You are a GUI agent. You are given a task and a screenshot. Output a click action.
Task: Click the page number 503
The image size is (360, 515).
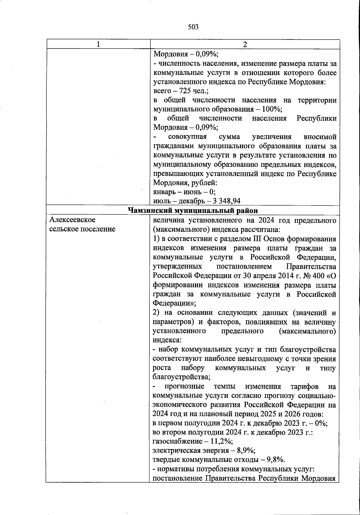coord(193,27)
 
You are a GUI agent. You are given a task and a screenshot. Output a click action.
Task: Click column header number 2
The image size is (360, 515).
coord(245,44)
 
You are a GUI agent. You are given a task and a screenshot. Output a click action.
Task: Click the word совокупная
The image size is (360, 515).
coord(188,137)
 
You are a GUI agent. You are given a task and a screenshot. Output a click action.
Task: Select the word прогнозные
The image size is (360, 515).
coord(185,386)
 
